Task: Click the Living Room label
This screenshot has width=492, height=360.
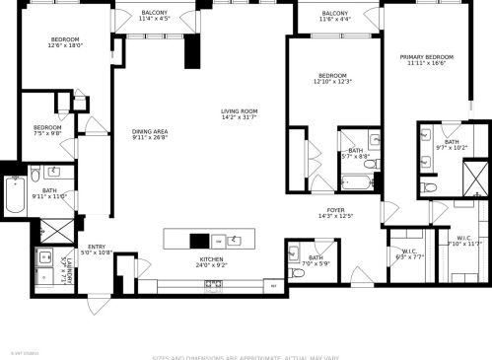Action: coord(239,111)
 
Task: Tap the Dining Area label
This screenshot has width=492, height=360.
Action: coord(150,131)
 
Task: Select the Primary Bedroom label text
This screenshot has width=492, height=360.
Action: coord(424,57)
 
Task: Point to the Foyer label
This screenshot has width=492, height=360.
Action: coord(336,210)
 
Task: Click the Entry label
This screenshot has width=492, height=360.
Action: coord(97,247)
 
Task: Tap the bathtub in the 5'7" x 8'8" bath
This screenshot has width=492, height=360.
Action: coord(356,181)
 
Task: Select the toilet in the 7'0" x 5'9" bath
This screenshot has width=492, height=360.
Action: coord(297,273)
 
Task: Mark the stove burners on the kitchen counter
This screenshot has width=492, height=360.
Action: coord(213,284)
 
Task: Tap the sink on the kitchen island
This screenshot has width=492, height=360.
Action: coord(236,239)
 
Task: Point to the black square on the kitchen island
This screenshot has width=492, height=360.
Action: coord(199,240)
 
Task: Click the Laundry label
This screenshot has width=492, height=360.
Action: coord(67,267)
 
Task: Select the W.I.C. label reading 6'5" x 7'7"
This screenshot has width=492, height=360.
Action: coord(409,253)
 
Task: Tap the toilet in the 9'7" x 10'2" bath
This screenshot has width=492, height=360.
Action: coord(428,185)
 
